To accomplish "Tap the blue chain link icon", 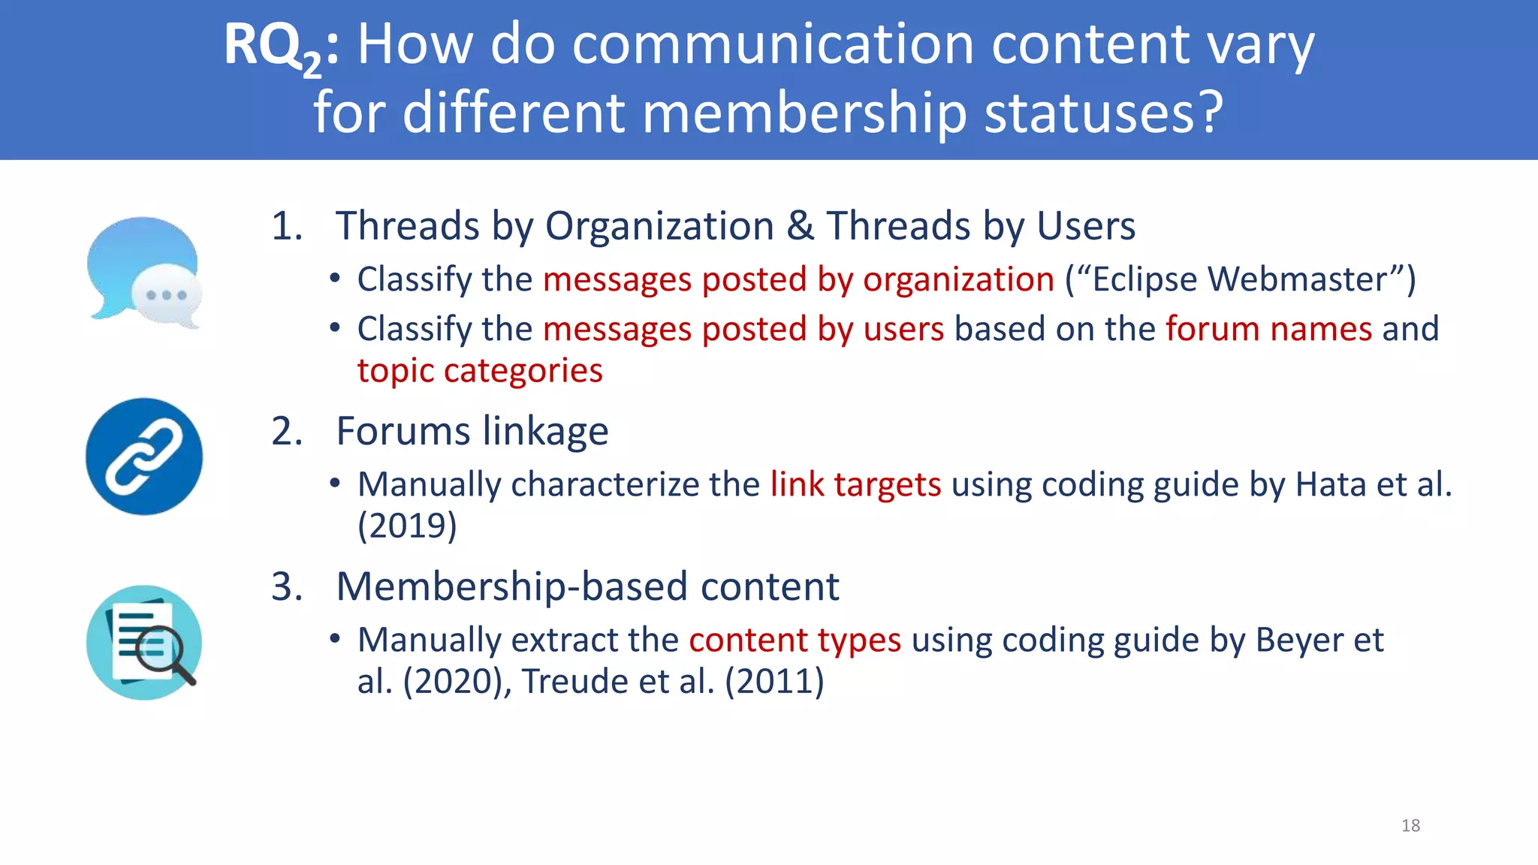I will click(x=144, y=457).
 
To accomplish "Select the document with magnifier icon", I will click(x=144, y=643).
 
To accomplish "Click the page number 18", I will click(x=1410, y=826).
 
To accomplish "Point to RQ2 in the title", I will click(x=273, y=47).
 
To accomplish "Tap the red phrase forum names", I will click(x=1268, y=329).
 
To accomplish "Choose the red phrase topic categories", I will click(x=480, y=371).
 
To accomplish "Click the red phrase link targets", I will click(x=855, y=484).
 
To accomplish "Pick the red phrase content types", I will click(x=795, y=640).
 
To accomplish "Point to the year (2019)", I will click(x=407, y=526).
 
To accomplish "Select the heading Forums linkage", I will click(x=472, y=431).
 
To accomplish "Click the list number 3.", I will click(x=285, y=586).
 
